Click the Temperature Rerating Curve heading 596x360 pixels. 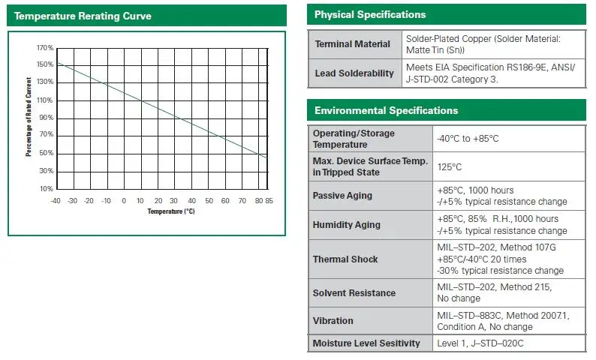[83, 16]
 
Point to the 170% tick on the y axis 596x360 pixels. [44, 47]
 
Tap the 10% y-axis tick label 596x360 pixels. [46, 188]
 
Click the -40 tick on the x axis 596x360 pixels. [56, 200]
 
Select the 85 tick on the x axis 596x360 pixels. [269, 200]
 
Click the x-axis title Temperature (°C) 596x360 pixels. [170, 211]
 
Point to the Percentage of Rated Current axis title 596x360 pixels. [29, 117]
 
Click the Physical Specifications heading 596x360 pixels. [370, 15]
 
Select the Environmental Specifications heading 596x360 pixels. [386, 110]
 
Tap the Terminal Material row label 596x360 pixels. [353, 44]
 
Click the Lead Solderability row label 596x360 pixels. [354, 73]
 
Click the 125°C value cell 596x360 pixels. [450, 166]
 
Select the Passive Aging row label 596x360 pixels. [342, 196]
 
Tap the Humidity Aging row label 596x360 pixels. [347, 224]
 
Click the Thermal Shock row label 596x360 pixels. [345, 259]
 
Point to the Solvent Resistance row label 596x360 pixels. [354, 292]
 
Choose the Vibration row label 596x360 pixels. [333, 320]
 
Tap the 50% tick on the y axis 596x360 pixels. [46, 153]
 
